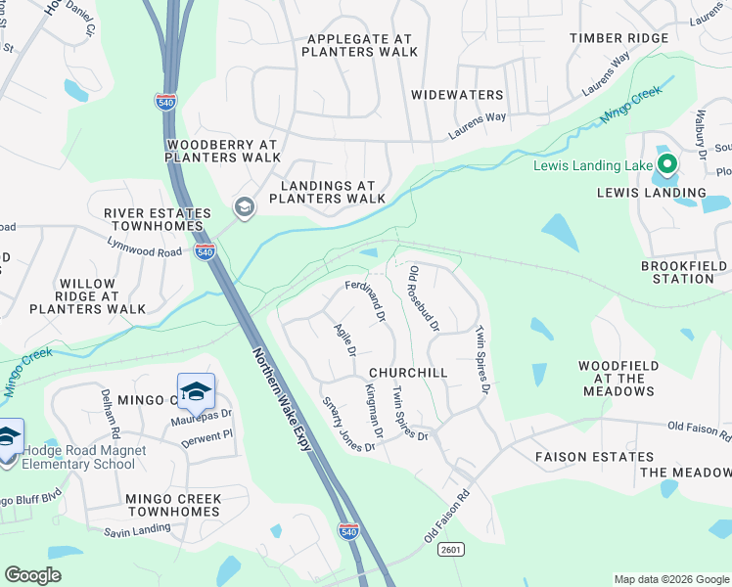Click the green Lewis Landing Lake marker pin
667,164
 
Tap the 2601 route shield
451,550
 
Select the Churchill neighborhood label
408,373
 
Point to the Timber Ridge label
620,38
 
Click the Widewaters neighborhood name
457,95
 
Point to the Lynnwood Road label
145,251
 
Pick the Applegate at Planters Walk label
360,45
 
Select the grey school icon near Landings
243,206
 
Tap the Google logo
32,575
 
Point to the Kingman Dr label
373,412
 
